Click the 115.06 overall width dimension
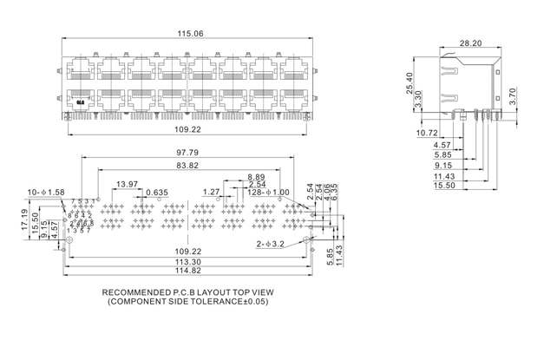[190, 34]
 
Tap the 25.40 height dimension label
[408, 82]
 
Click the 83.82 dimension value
[187, 165]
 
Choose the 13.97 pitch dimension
[127, 184]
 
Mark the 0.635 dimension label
[157, 192]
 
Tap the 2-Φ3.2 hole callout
[272, 245]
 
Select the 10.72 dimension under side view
[427, 133]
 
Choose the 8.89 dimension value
[256, 176]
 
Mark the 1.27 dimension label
[212, 192]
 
